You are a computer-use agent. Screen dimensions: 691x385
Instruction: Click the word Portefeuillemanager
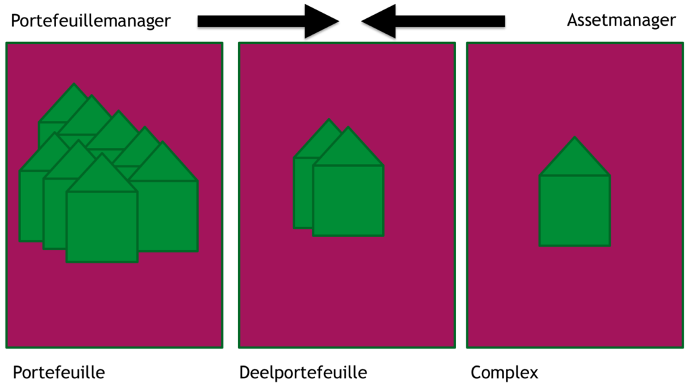pyautogui.click(x=90, y=21)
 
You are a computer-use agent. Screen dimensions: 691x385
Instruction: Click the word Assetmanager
pyautogui.click(x=621, y=20)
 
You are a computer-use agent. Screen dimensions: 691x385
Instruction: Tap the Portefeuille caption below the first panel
pyautogui.click(x=59, y=373)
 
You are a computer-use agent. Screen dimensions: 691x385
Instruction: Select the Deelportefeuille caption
pyautogui.click(x=303, y=373)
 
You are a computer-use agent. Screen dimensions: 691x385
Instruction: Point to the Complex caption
pyautogui.click(x=505, y=373)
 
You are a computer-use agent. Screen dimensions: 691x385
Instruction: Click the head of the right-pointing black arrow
pyautogui.click(x=321, y=21)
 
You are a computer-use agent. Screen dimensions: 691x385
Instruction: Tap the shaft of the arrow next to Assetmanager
pyautogui.click(x=450, y=21)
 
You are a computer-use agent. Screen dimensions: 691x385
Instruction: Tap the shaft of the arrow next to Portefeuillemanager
pyautogui.click(x=251, y=21)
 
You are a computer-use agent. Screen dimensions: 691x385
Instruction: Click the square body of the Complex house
pyautogui.click(x=575, y=211)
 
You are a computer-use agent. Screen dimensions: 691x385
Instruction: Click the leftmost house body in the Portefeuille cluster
pyautogui.click(x=31, y=205)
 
